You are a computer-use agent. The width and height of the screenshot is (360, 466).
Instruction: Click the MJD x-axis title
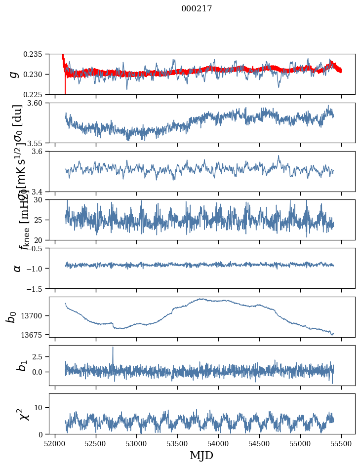(x=201, y=455)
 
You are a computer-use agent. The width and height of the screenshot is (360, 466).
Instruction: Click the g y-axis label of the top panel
(x=14, y=74)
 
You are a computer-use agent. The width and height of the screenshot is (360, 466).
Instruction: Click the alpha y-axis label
(x=17, y=268)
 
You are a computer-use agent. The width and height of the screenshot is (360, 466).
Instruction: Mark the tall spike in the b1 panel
(x=113, y=348)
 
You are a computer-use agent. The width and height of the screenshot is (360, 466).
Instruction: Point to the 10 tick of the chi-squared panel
(x=41, y=407)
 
